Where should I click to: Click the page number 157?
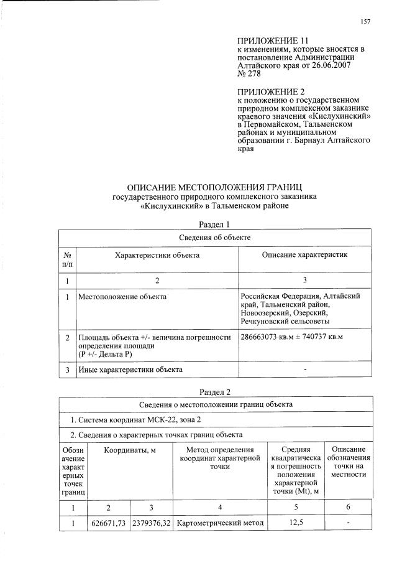(x=365, y=22)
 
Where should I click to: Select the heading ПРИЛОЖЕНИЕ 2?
(x=265, y=91)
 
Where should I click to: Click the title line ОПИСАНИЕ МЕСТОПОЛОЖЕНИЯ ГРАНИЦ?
(x=214, y=187)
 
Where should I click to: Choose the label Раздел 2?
(x=214, y=392)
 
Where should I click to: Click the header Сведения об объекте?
(x=214, y=237)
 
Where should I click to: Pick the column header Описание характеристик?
(x=304, y=256)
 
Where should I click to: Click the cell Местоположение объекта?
(x=122, y=296)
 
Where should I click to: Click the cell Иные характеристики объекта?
(x=130, y=370)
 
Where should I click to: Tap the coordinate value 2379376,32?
(x=151, y=523)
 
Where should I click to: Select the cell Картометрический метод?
(x=220, y=523)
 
